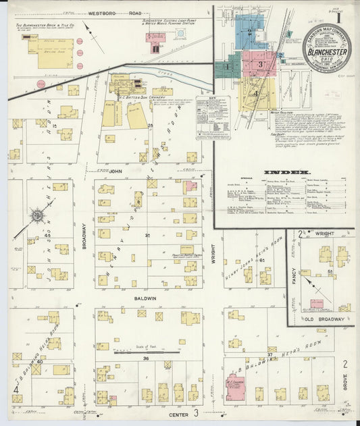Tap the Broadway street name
(x=84, y=237)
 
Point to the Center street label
(x=178, y=413)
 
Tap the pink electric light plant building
(x=157, y=37)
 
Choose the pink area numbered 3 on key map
(x=260, y=63)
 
